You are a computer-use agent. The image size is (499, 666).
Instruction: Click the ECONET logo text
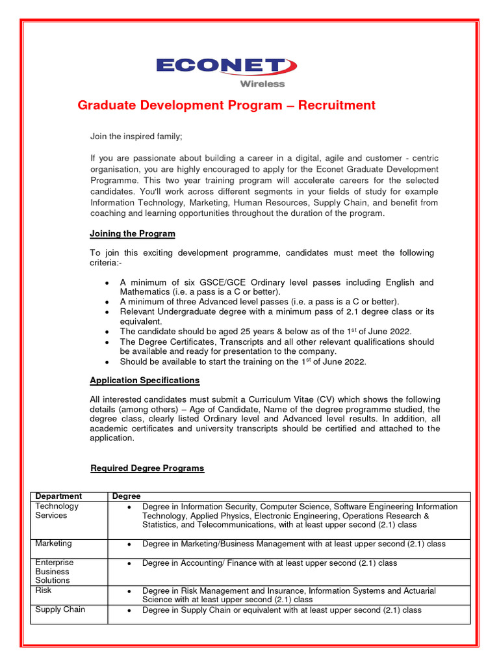coord(221,66)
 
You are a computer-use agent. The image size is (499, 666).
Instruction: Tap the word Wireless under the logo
coord(262,84)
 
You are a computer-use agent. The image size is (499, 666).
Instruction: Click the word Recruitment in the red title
coord(337,105)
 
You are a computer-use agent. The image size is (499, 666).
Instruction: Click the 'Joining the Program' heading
coord(132,233)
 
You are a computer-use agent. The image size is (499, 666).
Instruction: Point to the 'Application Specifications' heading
coord(144,380)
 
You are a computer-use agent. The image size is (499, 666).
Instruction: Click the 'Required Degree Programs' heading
coord(147,468)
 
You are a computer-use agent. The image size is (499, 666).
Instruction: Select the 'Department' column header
coord(58,496)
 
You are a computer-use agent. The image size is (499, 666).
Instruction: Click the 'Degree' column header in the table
coord(126,496)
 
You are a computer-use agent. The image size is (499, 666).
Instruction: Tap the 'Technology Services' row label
coord(57,511)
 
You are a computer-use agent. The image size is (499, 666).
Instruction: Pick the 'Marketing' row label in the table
coord(53,543)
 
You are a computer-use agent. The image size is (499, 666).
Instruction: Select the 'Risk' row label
coord(44,591)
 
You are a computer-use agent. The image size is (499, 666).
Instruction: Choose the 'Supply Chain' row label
coord(60,609)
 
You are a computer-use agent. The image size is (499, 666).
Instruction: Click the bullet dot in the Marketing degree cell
coord(130,544)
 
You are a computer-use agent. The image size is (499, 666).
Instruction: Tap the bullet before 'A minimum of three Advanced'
coord(107,302)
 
